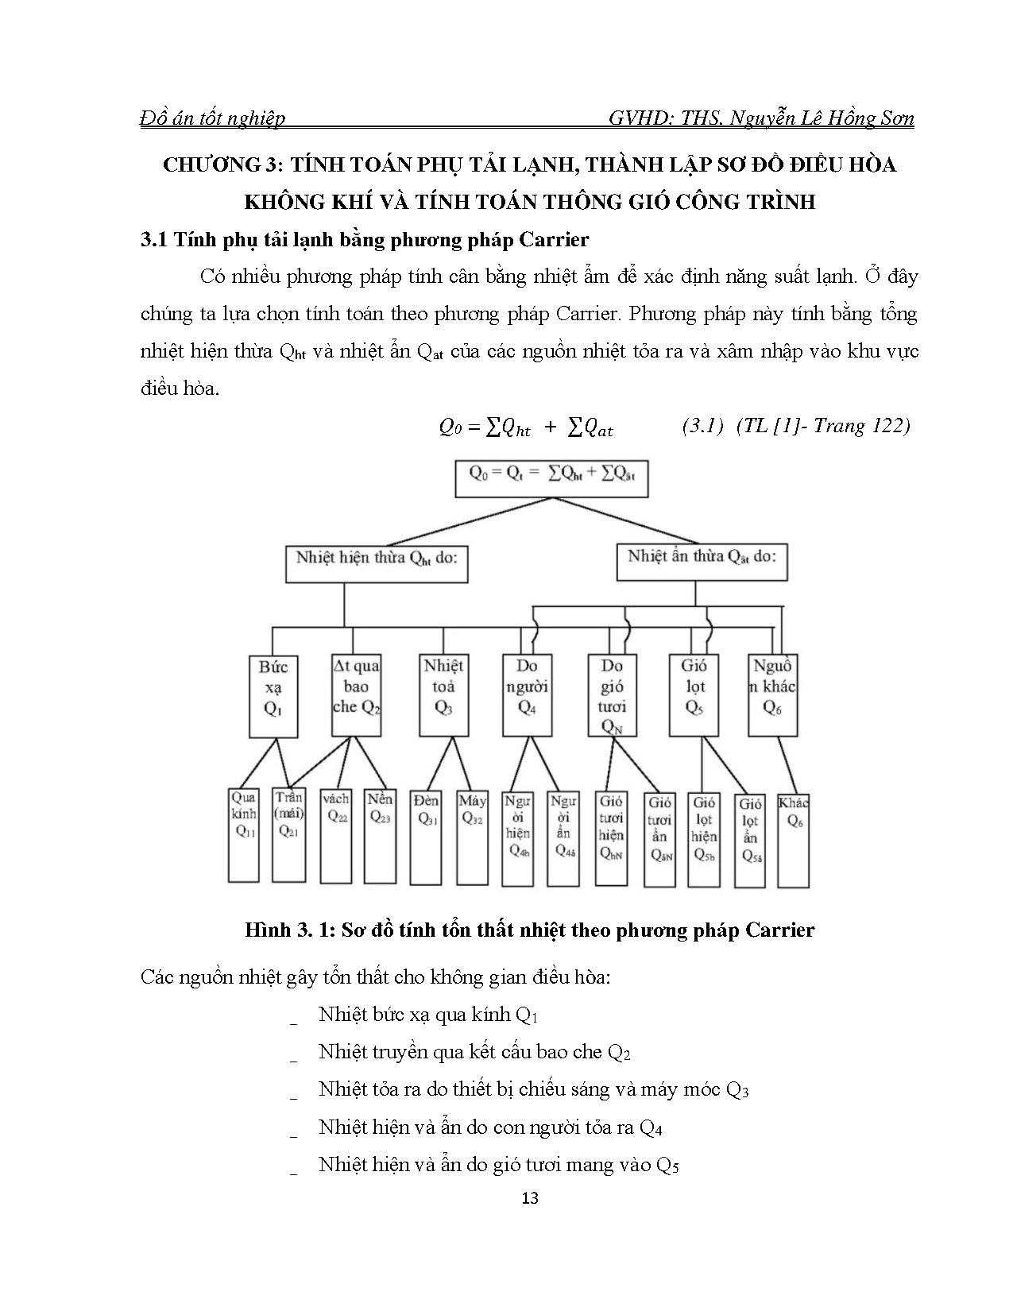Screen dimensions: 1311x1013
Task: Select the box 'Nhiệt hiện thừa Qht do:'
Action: coord(376,560)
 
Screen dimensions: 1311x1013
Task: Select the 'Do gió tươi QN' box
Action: coord(612,696)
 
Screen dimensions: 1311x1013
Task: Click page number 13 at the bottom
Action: coord(530,1197)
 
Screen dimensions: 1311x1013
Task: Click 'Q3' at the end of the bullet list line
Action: coord(737,1089)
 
